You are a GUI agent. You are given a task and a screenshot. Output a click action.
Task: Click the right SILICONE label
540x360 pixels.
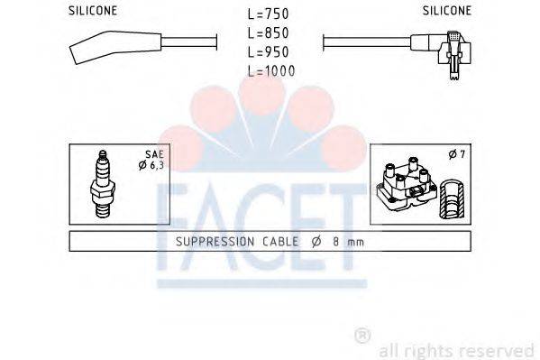click(445, 11)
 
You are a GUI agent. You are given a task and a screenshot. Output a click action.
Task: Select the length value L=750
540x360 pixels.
click(270, 14)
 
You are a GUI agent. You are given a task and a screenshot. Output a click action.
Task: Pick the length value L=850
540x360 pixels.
click(270, 33)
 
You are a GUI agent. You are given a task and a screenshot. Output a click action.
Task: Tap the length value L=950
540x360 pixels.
click(270, 51)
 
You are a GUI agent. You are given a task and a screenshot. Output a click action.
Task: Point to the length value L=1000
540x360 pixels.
click(271, 70)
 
